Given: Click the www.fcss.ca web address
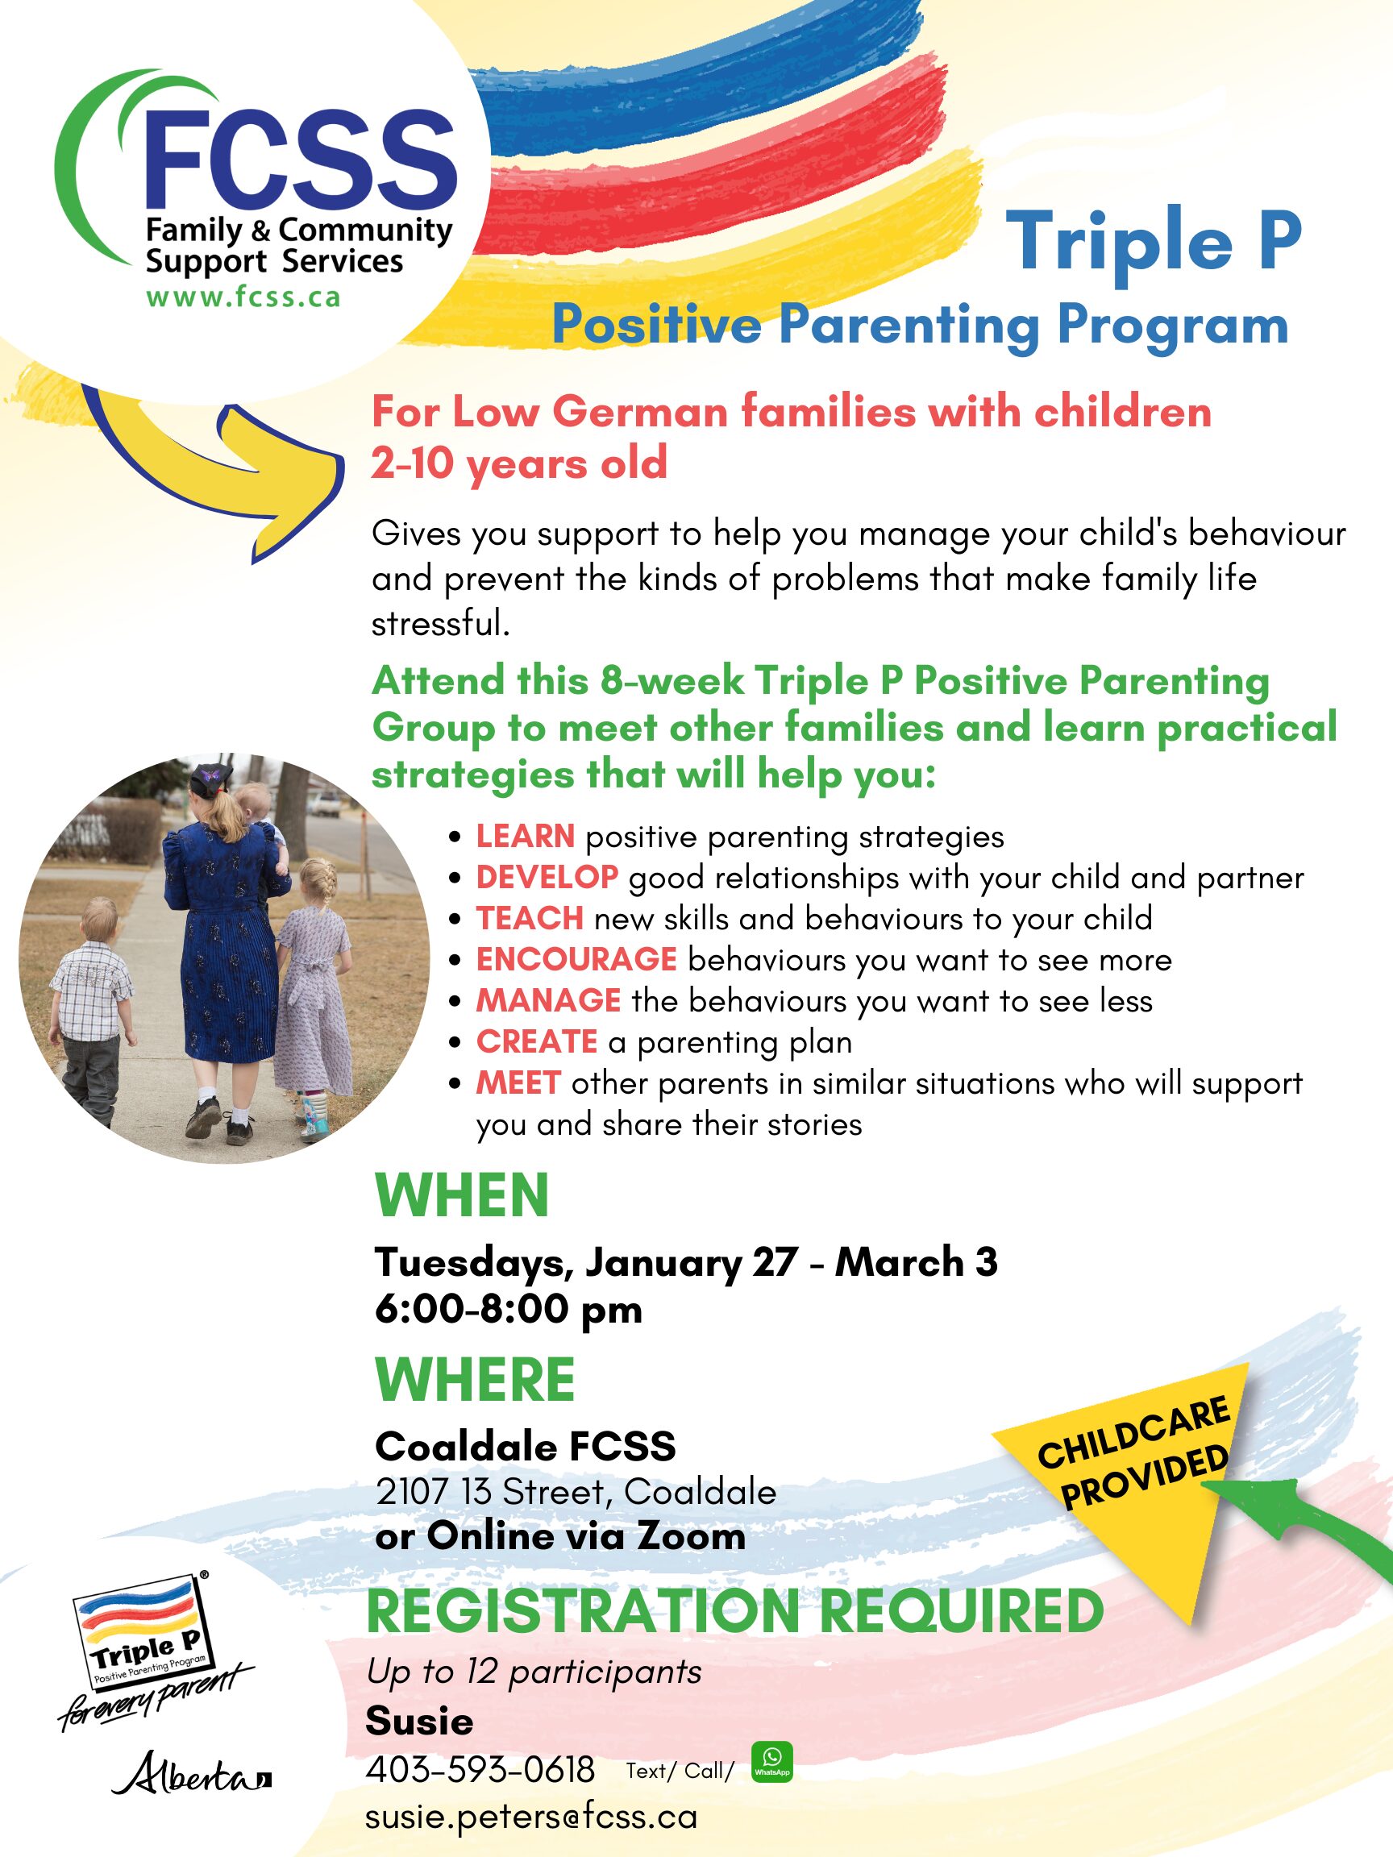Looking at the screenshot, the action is point(243,298).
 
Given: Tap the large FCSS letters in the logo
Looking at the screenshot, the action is point(301,160).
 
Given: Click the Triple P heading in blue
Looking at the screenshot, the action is point(1154,241).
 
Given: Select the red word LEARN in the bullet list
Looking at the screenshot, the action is point(526,836).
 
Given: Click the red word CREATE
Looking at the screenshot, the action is point(537,1041).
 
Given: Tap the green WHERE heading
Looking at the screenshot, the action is point(476,1379).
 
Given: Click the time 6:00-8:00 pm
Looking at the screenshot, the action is point(509,1309).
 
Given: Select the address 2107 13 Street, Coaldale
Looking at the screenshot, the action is point(576,1492).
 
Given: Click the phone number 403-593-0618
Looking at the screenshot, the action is point(480,1770).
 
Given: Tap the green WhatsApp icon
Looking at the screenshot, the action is point(771,1761).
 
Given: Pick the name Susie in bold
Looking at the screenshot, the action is point(419,1722).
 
